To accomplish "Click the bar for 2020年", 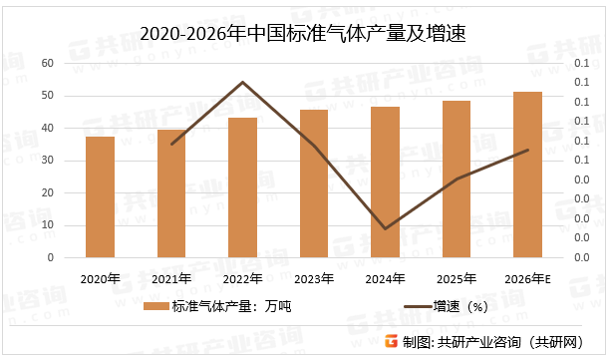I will pos(100,197).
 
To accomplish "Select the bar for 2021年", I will pos(171,193).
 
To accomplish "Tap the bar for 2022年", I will pos(242,187).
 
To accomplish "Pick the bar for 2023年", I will pos(314,183).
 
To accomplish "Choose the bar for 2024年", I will pos(385,182).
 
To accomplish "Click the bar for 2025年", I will pos(457,180).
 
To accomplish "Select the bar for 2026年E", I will pos(527,175).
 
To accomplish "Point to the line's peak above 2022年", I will pos(242,82).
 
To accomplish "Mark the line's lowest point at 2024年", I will pos(385,228).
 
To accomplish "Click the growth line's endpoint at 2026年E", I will pos(527,150).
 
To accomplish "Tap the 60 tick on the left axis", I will pos(47,63).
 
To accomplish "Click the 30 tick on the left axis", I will pos(47,161).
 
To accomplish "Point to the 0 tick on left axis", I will pos(51,257).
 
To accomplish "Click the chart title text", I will pos(304,34).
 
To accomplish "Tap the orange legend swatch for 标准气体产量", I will pos(156,307).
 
